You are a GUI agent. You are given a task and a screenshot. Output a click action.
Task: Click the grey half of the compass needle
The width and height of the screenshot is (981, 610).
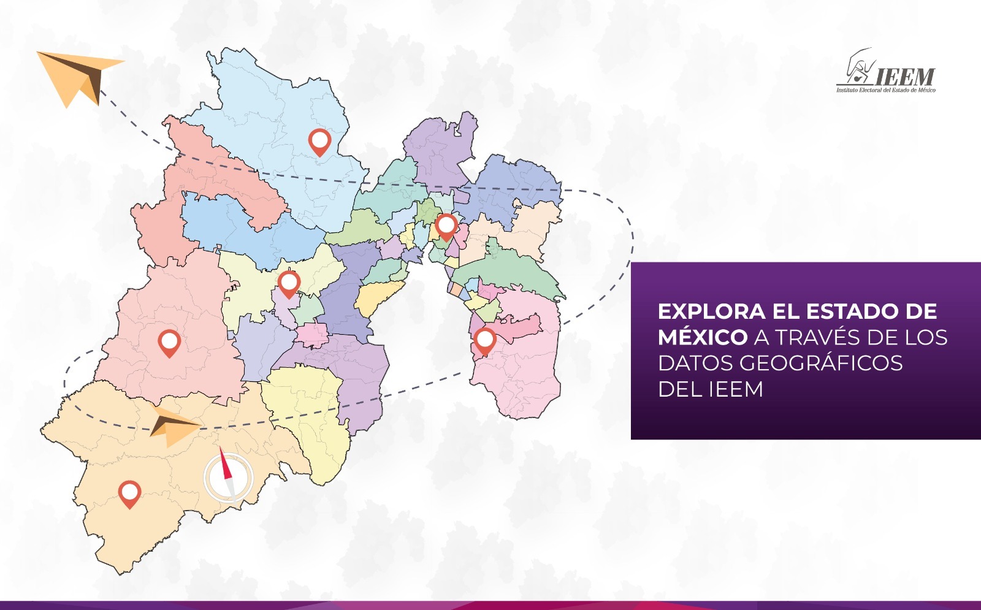point(231,487)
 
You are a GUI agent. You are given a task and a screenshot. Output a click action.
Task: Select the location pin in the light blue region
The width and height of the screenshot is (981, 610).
point(319,141)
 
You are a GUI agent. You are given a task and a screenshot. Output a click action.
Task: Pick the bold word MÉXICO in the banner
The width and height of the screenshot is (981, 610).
point(703,337)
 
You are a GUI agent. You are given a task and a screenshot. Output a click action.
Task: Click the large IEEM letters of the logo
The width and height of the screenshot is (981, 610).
point(904,77)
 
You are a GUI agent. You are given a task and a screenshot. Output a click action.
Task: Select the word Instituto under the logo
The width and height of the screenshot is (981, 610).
point(847,91)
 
